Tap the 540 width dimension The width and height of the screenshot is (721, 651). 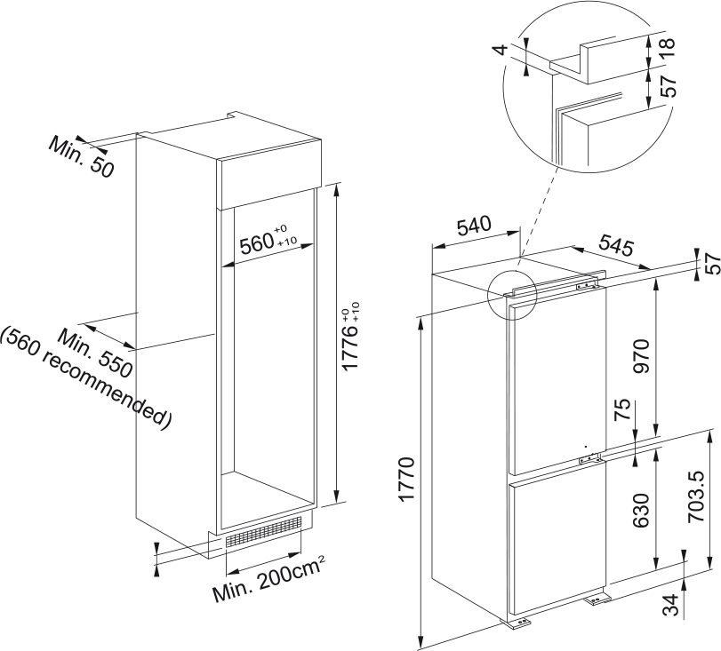point(474,226)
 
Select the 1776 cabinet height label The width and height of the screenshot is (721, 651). point(352,340)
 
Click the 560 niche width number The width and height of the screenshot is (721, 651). point(258,242)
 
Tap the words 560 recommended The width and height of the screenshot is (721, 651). point(85,376)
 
